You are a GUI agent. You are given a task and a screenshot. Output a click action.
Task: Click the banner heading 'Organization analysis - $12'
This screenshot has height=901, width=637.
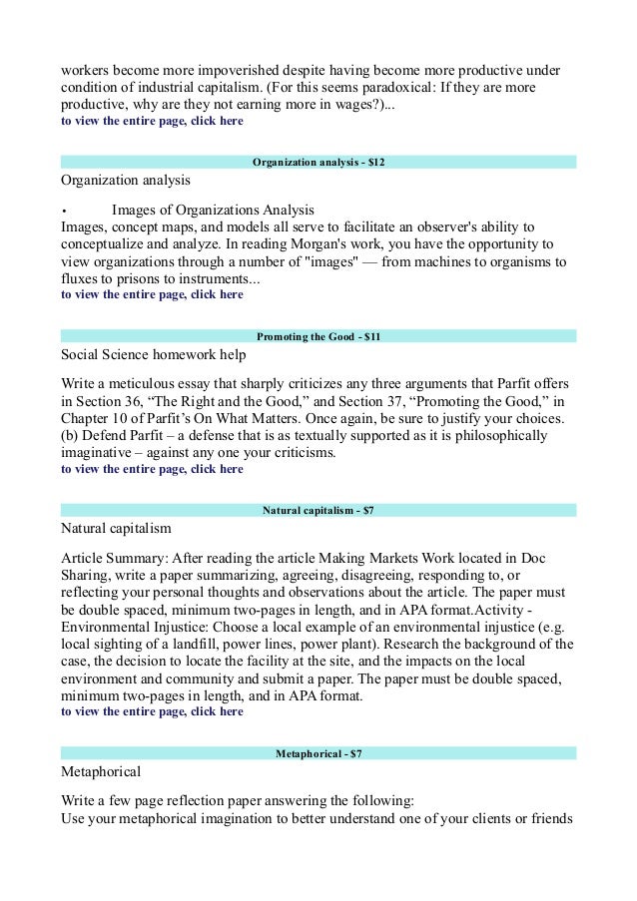318,162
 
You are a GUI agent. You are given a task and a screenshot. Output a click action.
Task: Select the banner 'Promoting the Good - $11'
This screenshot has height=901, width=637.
318,337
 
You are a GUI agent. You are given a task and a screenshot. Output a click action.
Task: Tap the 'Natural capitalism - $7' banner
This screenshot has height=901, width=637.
318,511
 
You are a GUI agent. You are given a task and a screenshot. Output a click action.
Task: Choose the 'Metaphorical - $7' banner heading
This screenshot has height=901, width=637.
318,754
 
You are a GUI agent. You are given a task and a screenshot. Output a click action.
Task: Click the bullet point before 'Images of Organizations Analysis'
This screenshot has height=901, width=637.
64,211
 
